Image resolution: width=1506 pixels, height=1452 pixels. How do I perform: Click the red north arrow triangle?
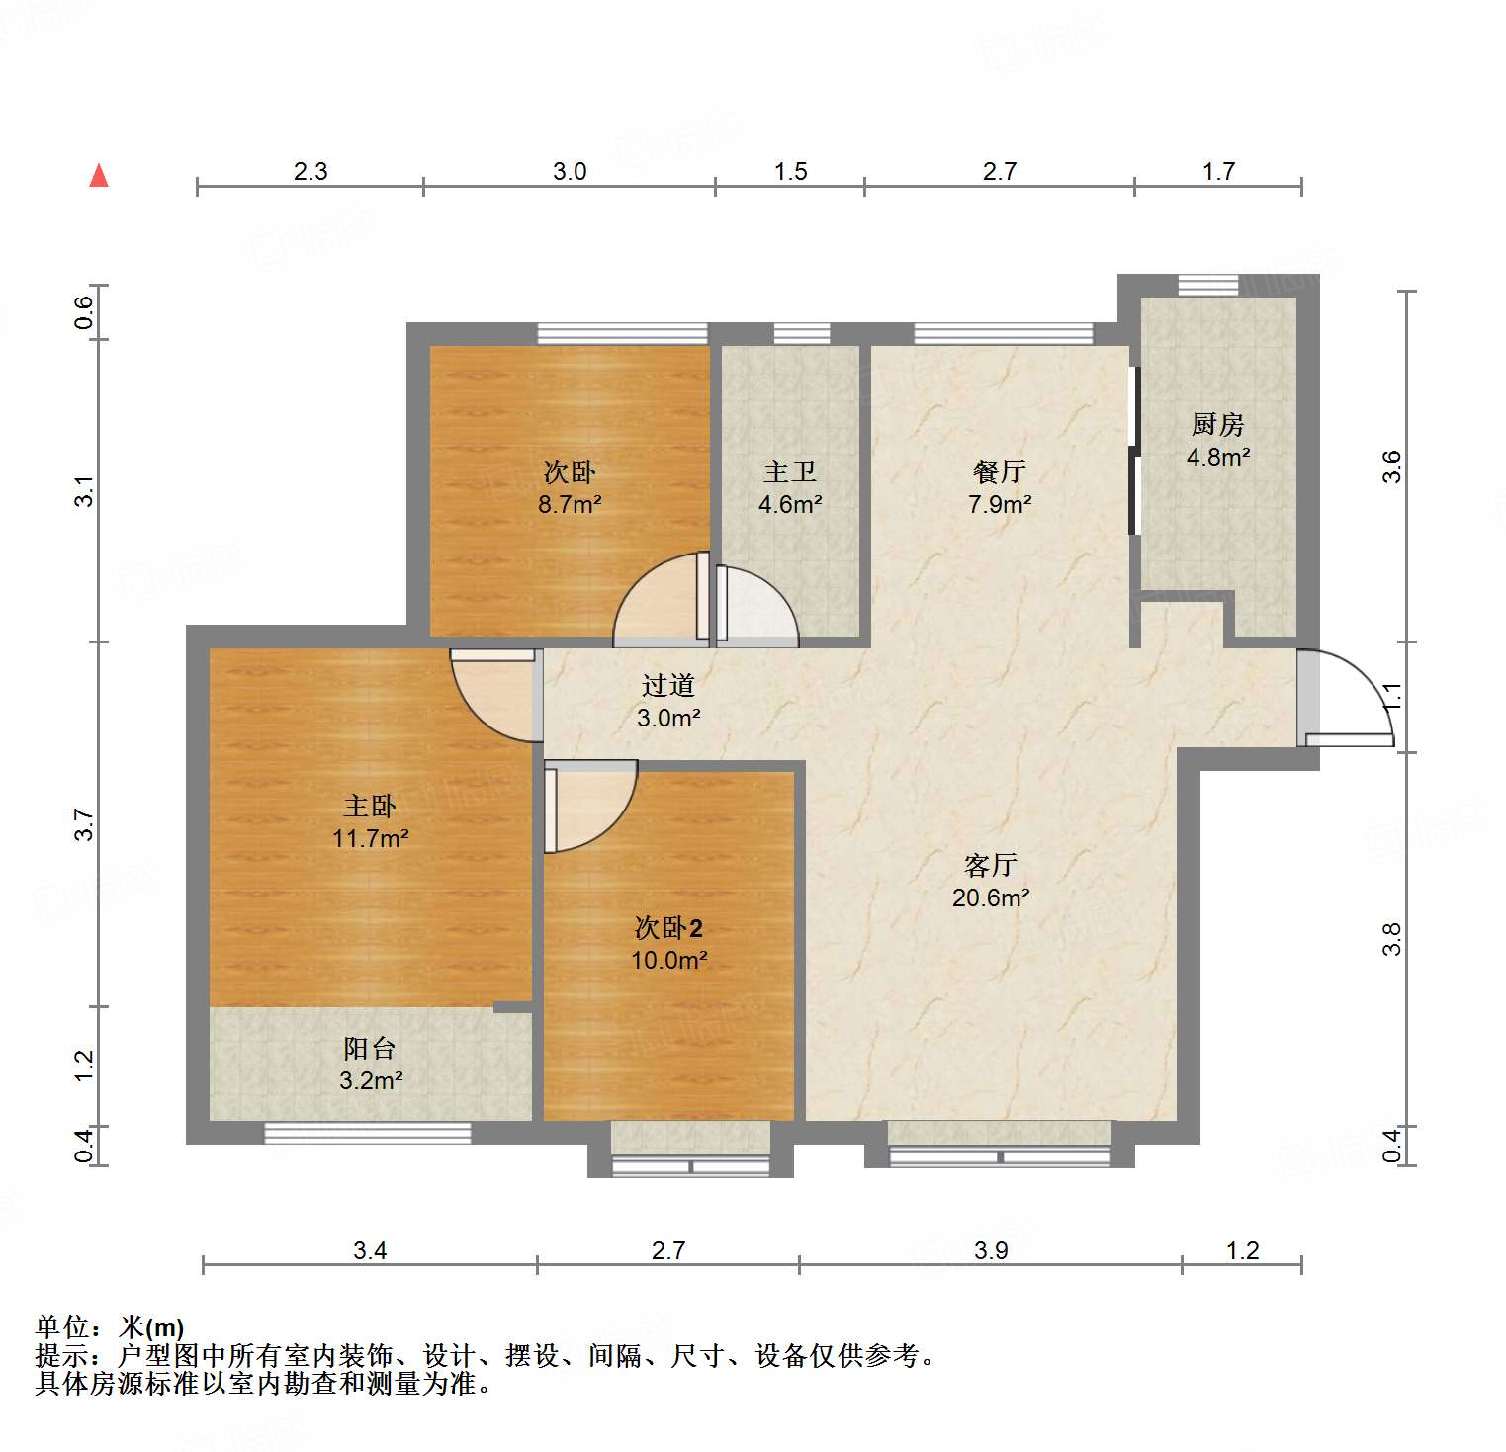(99, 176)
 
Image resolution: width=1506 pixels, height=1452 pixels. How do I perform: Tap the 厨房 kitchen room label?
(1217, 425)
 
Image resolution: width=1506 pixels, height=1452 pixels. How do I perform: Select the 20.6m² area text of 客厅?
(991, 897)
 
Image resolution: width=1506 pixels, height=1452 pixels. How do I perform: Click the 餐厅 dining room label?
(999, 471)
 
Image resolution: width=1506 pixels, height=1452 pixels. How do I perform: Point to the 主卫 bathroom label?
(789, 471)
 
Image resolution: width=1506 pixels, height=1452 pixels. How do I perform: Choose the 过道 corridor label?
(668, 685)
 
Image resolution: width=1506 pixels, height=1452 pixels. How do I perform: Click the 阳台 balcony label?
(370, 1048)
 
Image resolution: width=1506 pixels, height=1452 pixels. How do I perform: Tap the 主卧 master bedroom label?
(370, 806)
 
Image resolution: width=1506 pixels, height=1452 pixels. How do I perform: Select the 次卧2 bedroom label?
(668, 927)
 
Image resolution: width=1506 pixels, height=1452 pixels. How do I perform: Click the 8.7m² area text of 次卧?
(570, 504)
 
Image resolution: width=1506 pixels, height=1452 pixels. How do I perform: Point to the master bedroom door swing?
(492, 694)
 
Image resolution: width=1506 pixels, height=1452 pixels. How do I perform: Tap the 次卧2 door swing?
(587, 805)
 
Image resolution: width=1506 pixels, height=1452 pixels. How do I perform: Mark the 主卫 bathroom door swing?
(756, 607)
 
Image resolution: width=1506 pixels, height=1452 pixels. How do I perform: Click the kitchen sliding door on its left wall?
(1135, 451)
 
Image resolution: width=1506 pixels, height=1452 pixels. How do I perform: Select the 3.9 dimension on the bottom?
(991, 1250)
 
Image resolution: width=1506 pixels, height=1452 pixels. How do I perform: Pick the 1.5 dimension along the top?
(790, 171)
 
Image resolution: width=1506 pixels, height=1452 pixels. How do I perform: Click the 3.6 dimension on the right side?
(1392, 466)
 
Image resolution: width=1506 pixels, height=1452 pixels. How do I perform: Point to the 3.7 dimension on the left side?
(85, 824)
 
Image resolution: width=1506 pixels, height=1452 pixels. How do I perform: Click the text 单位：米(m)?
(110, 1326)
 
